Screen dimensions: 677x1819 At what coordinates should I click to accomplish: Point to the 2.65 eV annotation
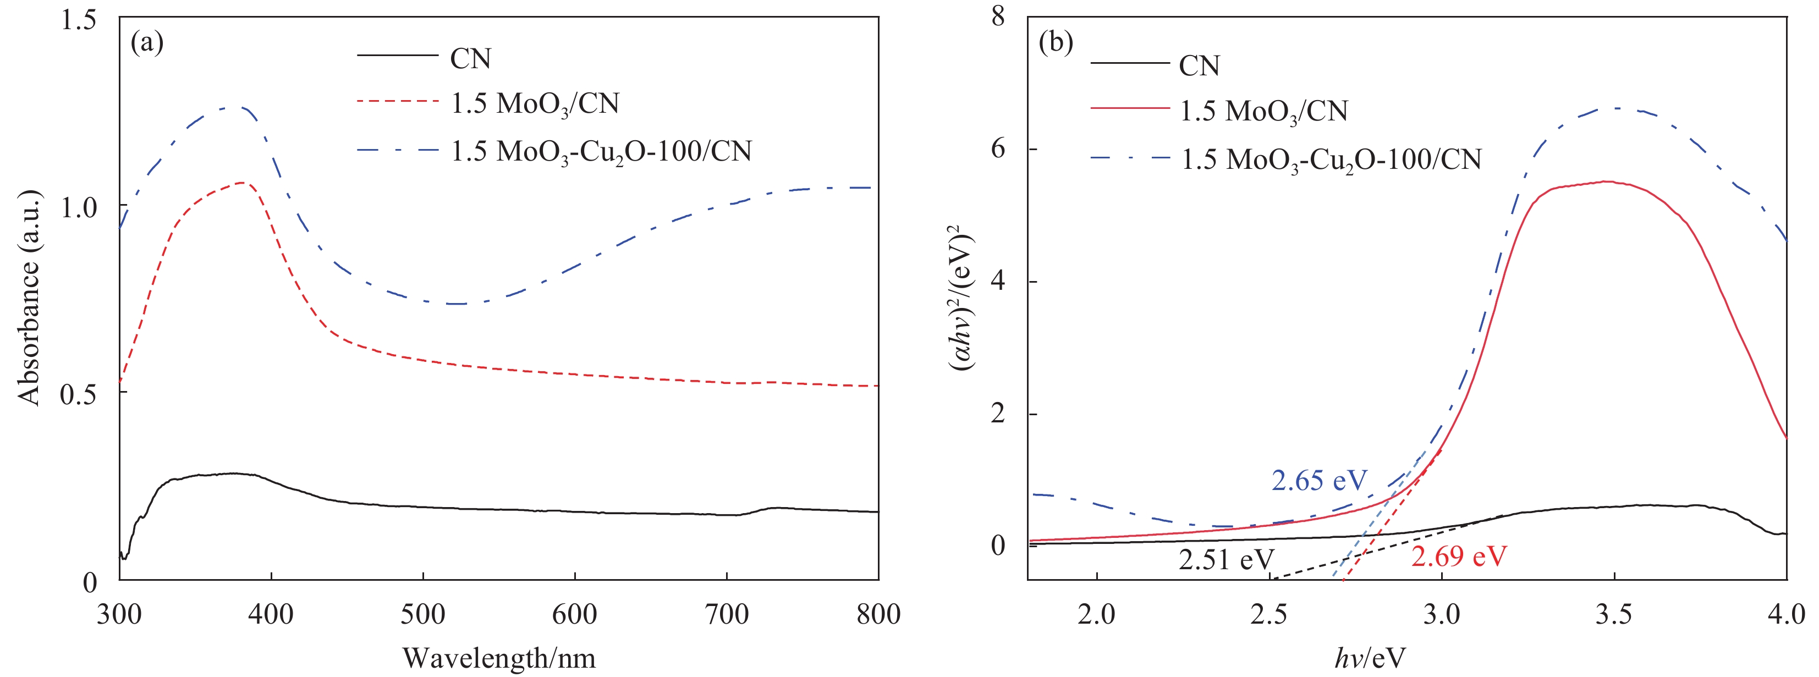(x=1319, y=481)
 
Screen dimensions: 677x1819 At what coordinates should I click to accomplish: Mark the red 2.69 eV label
(x=1459, y=556)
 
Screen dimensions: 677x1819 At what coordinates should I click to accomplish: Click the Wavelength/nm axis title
(x=499, y=658)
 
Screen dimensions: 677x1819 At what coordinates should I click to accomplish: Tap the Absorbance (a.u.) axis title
(x=30, y=298)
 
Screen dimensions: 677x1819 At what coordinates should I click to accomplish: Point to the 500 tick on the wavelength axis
(x=423, y=614)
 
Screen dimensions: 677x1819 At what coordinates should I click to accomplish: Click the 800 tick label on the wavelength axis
(x=878, y=614)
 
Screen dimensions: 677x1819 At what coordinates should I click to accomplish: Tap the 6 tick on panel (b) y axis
(x=997, y=149)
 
